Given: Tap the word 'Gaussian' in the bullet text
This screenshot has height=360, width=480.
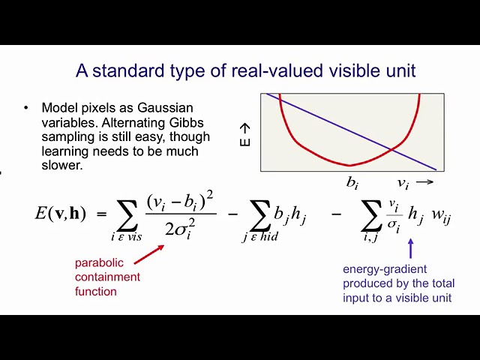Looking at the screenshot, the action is [165, 108].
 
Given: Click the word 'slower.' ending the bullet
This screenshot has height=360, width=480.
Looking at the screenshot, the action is [62, 165].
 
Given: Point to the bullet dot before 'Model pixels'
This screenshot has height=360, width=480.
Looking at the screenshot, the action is [26, 108].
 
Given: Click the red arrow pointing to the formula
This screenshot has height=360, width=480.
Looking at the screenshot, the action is [149, 254].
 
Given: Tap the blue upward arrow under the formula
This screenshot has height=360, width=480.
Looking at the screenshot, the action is [411, 248].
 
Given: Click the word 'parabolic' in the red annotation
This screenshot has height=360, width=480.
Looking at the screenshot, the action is [99, 262].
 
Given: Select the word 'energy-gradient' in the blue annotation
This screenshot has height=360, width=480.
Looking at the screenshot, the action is [385, 269].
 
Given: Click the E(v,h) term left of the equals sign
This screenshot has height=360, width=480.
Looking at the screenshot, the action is [61, 213].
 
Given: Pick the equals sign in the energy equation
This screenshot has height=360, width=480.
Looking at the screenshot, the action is [102, 214].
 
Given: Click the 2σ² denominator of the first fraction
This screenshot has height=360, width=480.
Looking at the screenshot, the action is [180, 229].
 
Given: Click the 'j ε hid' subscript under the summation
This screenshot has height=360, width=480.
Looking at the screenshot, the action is [260, 237].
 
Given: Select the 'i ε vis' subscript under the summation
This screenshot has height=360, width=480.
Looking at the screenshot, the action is [127, 237].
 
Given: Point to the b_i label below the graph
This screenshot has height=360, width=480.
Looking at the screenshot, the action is [352, 183].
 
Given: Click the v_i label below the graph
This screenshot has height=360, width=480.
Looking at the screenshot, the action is [403, 184].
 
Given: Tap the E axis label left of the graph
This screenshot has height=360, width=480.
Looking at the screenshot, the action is [245, 135].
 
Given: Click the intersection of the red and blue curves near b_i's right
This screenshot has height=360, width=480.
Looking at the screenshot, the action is [391, 149].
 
